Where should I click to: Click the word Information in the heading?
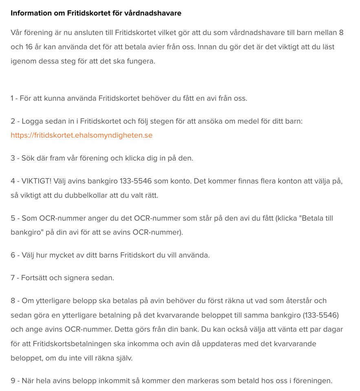coord(31,13)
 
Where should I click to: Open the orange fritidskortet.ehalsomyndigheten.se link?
coord(82,135)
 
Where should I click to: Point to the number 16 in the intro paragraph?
coord(29,47)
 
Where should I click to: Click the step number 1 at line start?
coord(12,98)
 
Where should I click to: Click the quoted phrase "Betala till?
coord(316,218)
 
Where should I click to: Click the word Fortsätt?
coord(35,278)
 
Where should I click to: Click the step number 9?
coord(13,381)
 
